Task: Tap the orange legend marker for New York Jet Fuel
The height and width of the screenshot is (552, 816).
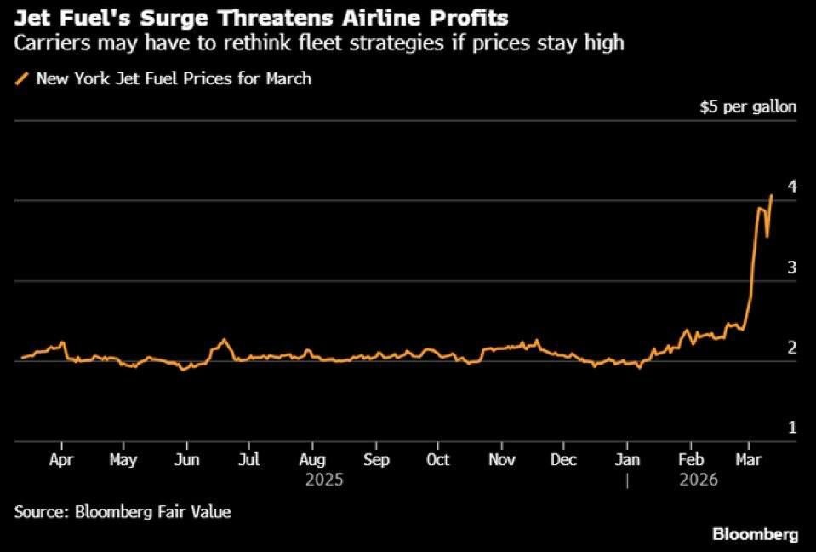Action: tap(21, 79)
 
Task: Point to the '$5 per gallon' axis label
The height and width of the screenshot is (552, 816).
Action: tap(749, 107)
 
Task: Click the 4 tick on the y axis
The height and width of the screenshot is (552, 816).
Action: tap(791, 187)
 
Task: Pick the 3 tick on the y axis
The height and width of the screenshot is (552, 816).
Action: tap(791, 267)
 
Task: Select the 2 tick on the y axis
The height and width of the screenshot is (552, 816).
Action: tap(791, 348)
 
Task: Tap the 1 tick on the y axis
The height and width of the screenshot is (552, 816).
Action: tap(791, 428)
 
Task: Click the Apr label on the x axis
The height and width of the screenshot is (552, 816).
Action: tap(62, 460)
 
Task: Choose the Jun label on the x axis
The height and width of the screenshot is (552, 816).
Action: tap(186, 460)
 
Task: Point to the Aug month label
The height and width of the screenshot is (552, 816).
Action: tap(312, 460)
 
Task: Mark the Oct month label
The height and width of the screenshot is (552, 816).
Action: tap(437, 460)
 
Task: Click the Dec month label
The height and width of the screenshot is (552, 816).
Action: tap(563, 460)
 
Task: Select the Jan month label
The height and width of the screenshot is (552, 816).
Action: tap(627, 460)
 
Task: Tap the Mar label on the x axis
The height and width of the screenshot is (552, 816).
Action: tap(748, 460)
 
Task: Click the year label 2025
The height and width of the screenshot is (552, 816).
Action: tap(323, 480)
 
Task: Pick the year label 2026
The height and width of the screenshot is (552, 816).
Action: tap(700, 480)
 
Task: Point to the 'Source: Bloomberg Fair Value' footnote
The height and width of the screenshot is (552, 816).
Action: tap(123, 512)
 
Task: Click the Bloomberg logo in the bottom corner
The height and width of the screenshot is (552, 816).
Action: tap(756, 535)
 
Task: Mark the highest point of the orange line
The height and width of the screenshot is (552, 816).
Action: tap(771, 195)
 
